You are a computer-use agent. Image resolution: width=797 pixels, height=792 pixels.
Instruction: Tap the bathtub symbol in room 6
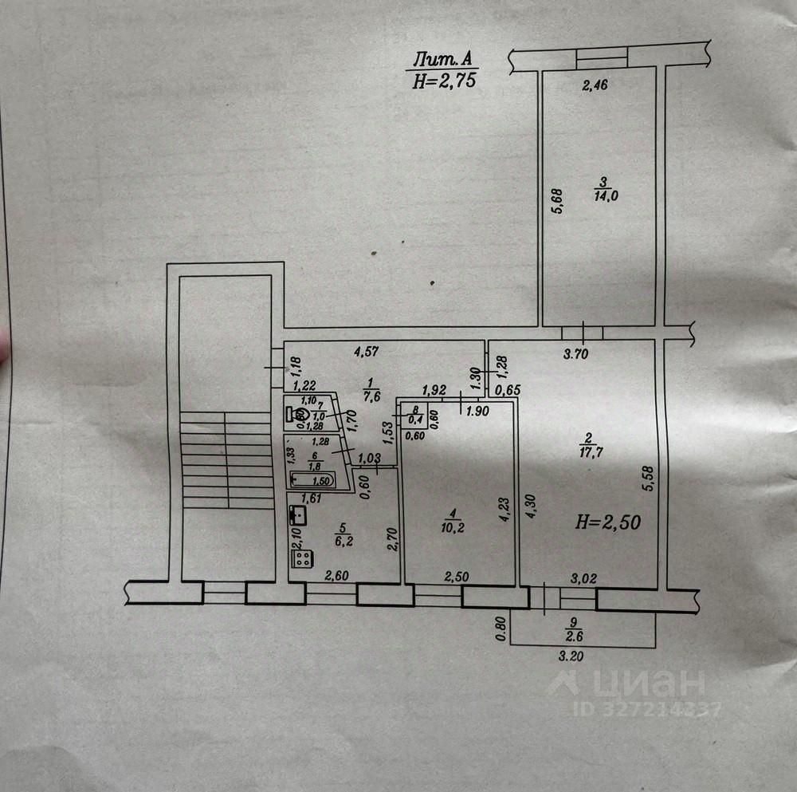click(x=312, y=480)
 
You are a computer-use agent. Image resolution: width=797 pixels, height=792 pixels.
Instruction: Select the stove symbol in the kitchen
click(x=302, y=558)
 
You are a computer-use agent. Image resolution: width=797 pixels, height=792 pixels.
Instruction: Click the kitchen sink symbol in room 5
click(x=297, y=514)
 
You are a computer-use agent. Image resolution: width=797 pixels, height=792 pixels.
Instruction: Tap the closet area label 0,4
click(x=415, y=420)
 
